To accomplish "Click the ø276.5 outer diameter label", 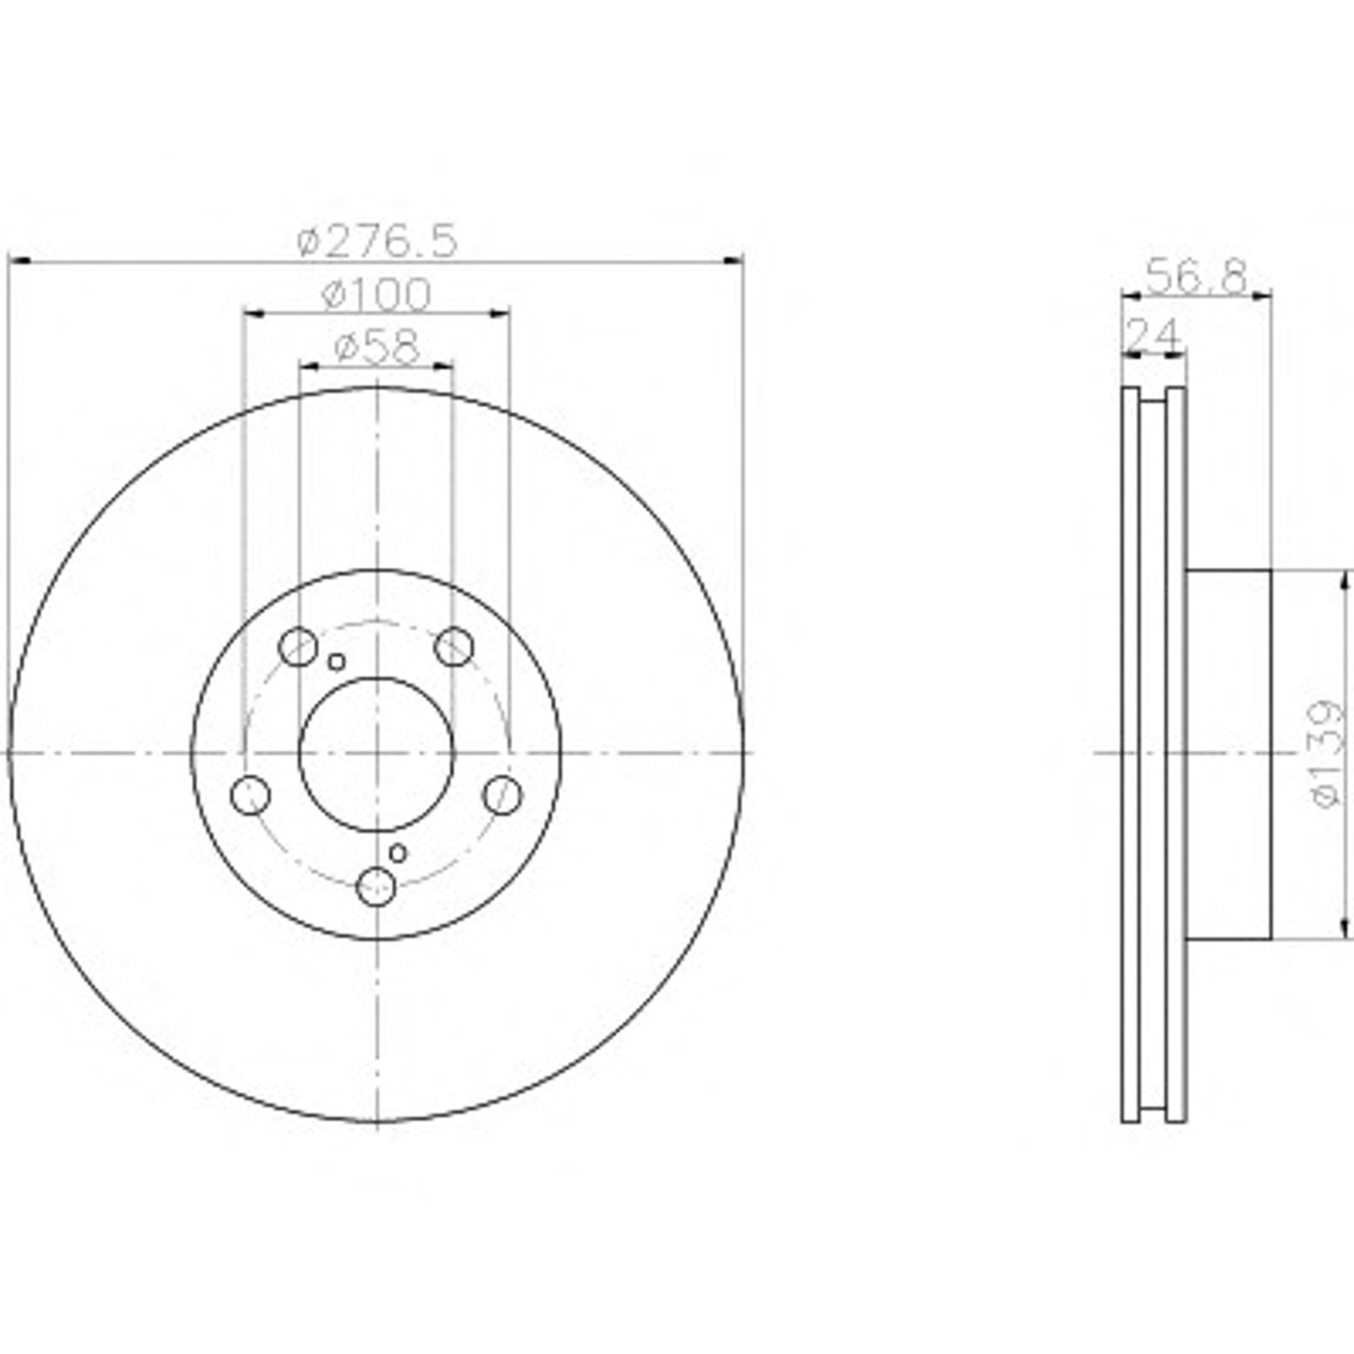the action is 377,242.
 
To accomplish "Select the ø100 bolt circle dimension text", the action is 377,294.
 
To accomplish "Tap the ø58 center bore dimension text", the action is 377,347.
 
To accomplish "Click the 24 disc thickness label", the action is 1153,335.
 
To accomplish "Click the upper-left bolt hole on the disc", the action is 297,647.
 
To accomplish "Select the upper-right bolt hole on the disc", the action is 454,647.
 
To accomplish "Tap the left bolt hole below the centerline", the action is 250,795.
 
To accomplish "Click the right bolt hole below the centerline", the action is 503,795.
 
